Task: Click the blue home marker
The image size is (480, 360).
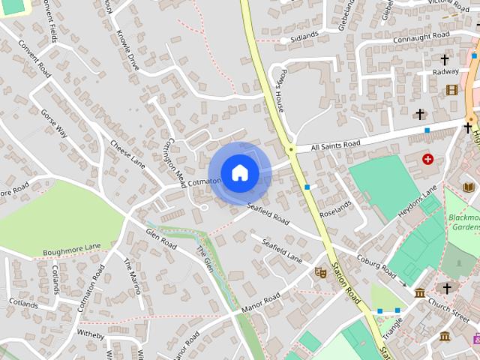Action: coord(239,173)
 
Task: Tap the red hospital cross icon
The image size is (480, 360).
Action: coord(427,159)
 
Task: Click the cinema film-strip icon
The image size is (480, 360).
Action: coord(451,90)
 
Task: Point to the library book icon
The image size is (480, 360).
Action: coord(469,187)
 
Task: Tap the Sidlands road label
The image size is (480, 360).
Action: coord(304,35)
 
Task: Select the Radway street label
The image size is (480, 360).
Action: coord(445,72)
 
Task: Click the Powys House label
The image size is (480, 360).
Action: coord(278,92)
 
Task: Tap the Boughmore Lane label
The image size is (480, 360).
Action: coord(71,250)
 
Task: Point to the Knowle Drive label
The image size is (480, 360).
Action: coord(127,49)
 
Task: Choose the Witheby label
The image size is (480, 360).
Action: coord(90,332)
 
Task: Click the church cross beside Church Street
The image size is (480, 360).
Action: coord(448,288)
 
